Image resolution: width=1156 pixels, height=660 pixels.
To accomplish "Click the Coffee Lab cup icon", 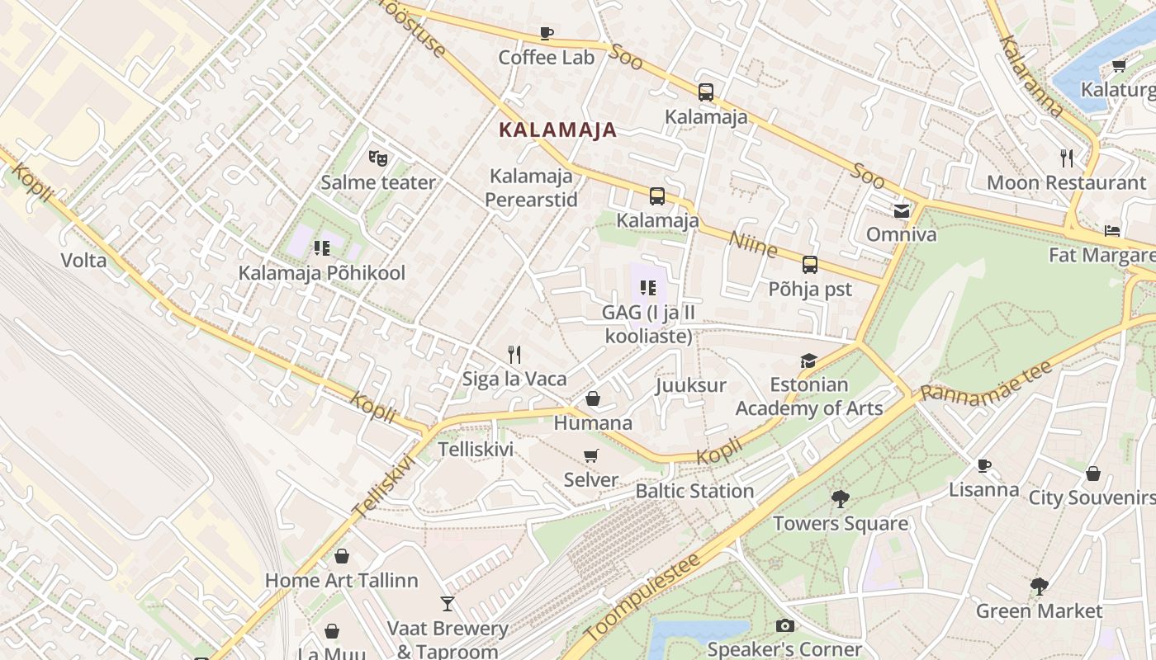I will [546, 34].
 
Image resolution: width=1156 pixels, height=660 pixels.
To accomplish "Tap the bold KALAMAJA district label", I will [558, 130].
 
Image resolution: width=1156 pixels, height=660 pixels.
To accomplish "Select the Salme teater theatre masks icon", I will [378, 157].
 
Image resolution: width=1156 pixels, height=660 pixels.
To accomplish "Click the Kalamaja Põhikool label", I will [322, 273].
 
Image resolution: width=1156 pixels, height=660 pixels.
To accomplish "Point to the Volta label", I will [83, 261].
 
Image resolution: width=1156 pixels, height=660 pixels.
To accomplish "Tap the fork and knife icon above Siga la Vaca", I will [514, 355].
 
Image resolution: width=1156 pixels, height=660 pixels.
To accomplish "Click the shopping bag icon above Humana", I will [593, 399].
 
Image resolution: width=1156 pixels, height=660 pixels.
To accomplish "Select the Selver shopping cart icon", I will [591, 455].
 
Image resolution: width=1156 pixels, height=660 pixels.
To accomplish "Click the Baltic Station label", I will [694, 491].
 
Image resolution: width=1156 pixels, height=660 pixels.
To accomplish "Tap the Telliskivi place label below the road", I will [476, 450].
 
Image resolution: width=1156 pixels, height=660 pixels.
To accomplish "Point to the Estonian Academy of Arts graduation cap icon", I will [808, 361].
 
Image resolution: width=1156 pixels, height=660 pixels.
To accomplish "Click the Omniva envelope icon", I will [901, 211].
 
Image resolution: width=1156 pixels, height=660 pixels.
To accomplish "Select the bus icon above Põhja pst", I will [810, 265].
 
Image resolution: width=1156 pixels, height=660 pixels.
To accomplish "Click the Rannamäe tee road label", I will [986, 380].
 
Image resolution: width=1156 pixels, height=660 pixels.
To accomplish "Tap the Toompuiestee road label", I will [643, 596].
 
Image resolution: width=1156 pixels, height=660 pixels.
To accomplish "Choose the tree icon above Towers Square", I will [841, 499].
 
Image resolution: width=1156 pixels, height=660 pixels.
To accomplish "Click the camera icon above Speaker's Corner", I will [784, 626].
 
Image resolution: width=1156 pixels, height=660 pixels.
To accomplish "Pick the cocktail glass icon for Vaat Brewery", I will [448, 604].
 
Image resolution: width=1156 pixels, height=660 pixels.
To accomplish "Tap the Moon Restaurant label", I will [1066, 182].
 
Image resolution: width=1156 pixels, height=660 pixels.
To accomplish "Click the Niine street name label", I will [753, 243].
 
